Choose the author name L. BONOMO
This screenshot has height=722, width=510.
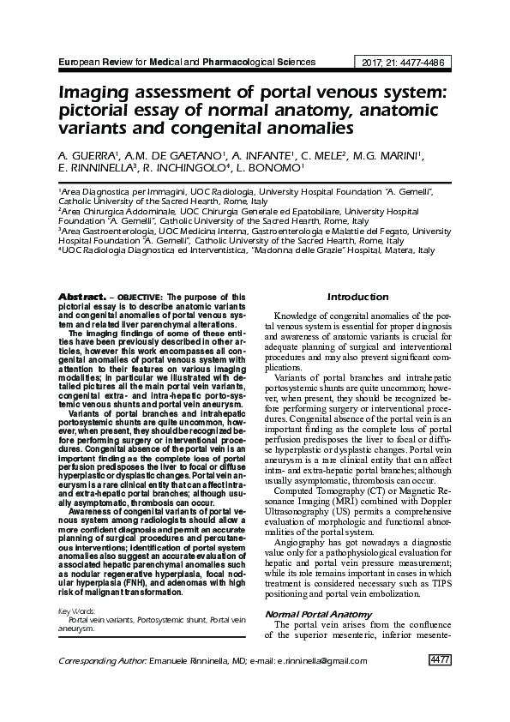(276, 168)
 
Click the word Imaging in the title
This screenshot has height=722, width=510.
(96, 93)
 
